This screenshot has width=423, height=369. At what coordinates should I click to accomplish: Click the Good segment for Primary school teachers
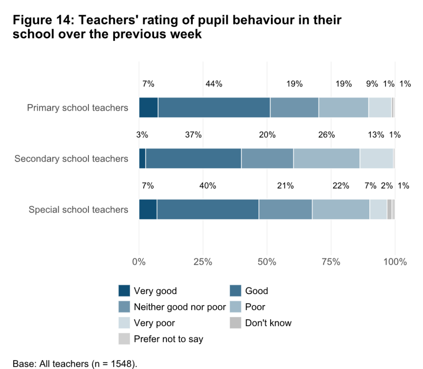[x=214, y=108]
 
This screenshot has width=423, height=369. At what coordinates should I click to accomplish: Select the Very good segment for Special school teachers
[x=148, y=209]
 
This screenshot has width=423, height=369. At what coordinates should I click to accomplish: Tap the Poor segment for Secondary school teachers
[x=326, y=158]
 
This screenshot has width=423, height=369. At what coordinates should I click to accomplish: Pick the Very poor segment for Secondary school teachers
[x=376, y=158]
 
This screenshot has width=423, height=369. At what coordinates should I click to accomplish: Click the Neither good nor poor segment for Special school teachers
[x=285, y=209]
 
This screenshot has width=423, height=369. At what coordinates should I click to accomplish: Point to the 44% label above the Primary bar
[x=214, y=84]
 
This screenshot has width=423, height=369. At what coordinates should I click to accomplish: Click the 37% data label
[x=193, y=135]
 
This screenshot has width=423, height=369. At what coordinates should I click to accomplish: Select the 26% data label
[x=326, y=135]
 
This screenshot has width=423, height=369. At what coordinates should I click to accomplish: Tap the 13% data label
[x=376, y=135]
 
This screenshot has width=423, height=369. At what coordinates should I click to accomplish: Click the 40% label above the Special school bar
[x=207, y=186]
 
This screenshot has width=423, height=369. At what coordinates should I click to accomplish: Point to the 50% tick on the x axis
[x=267, y=262]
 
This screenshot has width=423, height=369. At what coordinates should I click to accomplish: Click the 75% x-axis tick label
[x=331, y=262]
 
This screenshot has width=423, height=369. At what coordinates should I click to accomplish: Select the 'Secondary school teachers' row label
[x=71, y=159]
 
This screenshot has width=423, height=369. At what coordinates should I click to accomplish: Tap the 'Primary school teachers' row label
[x=77, y=108]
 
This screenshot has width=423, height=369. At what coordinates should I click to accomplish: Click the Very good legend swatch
[x=124, y=291]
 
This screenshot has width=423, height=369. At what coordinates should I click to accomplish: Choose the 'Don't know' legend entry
[x=268, y=323]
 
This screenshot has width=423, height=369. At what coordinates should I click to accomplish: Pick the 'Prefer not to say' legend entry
[x=168, y=339]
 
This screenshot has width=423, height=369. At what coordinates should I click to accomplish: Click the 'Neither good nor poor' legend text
[x=180, y=307]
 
